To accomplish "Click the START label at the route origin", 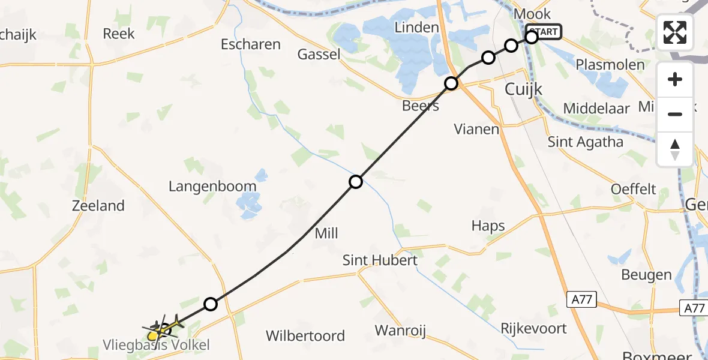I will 544,31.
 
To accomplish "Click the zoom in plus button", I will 675,79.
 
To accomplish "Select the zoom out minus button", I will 675,114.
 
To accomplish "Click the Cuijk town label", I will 523,89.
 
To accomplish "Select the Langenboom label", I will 212,186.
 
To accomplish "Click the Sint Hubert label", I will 380,260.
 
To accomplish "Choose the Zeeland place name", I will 98,206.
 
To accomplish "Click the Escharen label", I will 251,44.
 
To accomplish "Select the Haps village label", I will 488,226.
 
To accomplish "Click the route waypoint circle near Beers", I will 451,83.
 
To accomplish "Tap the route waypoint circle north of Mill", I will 356,181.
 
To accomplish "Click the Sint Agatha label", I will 586,142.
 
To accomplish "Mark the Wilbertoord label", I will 305,335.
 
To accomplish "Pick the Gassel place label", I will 319,55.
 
